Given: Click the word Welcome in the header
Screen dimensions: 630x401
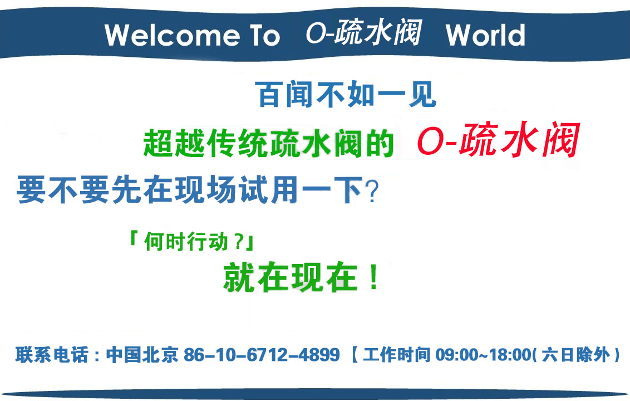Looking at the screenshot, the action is click(172, 35).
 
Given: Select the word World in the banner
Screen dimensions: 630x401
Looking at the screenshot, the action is click(485, 35).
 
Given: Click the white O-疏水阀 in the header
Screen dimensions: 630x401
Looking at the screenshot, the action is click(363, 32).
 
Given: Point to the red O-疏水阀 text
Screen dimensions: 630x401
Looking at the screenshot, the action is click(498, 140).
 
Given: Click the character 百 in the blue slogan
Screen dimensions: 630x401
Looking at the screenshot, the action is click(269, 95).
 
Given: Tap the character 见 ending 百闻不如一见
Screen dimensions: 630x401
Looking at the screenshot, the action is click(422, 95).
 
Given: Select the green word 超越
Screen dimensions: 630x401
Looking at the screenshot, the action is click(175, 143).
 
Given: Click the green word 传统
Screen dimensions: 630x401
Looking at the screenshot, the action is click(238, 143).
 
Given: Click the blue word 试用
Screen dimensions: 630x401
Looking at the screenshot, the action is click(268, 189).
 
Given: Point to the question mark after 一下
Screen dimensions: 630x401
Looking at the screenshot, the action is click(372, 192).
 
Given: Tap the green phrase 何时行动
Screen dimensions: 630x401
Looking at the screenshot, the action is click(186, 242).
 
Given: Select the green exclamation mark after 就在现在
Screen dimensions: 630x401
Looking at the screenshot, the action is click(374, 277).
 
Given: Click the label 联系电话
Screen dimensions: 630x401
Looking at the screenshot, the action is click(52, 355).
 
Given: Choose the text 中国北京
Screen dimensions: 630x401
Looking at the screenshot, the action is click(142, 355).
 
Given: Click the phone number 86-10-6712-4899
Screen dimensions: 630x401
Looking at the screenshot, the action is click(262, 355).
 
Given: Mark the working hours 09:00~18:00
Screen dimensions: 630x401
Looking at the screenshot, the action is click(484, 355).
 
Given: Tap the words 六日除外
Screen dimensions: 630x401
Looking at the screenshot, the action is click(576, 355).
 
